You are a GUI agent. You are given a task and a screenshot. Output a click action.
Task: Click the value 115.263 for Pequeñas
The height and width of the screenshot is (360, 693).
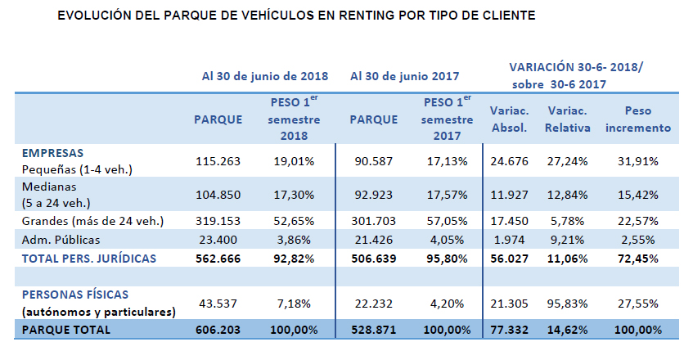click(x=218, y=161)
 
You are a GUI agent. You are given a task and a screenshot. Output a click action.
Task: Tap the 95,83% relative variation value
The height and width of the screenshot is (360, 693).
click(x=565, y=303)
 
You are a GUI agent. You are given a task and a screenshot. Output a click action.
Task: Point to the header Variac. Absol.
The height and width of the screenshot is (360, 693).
click(x=509, y=119)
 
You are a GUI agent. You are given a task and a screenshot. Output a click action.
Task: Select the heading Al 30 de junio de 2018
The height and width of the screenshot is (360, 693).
click(x=265, y=75)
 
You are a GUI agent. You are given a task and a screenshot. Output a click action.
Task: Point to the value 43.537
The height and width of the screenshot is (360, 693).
click(x=218, y=303)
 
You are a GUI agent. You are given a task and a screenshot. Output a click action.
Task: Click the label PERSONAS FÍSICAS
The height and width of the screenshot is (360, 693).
click(x=76, y=294)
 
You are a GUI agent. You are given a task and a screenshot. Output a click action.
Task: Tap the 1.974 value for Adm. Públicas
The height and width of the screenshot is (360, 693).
click(x=509, y=240)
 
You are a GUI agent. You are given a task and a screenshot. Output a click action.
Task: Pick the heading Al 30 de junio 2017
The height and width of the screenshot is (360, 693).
click(x=404, y=75)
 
